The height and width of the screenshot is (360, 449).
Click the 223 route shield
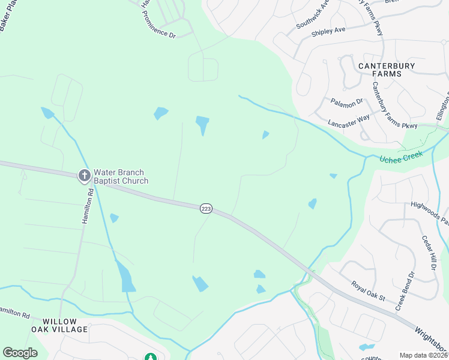[206, 208]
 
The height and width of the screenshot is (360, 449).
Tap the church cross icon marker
[85, 176]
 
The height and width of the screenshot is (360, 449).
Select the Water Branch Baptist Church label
[121, 176]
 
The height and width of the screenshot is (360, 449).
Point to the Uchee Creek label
[401, 157]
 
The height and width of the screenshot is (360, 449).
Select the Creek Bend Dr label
[405, 291]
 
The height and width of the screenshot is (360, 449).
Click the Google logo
[20, 353]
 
